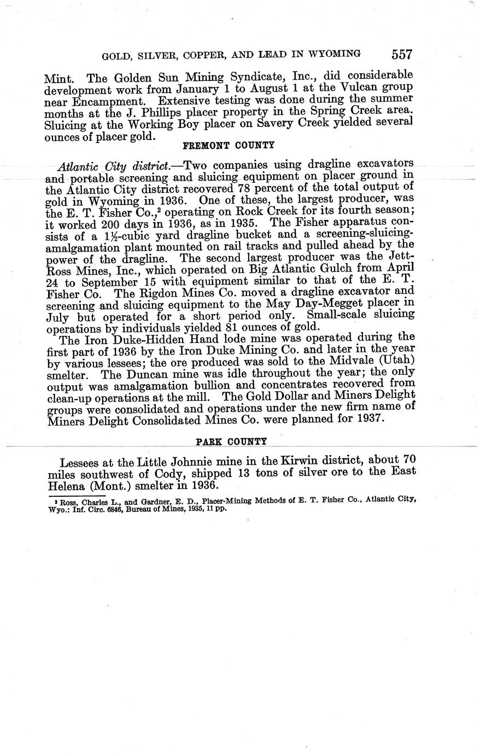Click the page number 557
tap(401, 54)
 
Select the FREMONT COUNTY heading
tap(227, 146)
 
